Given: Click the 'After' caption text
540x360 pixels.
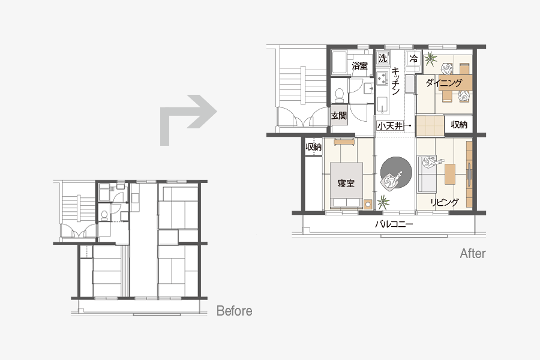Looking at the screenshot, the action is coord(473,254).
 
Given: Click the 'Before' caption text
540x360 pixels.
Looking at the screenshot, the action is coord(234,311).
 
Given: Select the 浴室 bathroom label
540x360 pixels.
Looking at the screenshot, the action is coord(359,65).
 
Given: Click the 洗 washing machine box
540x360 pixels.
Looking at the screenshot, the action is coord(382,58).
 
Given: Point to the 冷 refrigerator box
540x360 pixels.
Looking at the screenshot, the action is coord(413,58).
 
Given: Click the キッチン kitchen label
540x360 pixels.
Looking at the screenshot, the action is coord(395,81).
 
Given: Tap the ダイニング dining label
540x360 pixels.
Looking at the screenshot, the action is coord(444,83).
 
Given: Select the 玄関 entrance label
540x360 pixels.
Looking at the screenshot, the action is coord(339,115).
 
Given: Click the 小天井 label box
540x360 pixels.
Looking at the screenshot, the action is coord(390,126).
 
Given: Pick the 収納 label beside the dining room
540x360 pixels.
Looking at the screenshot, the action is coord(459,124).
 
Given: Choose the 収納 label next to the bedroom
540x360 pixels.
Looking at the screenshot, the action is coord(313,147).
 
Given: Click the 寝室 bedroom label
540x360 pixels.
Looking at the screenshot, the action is coord(346,183).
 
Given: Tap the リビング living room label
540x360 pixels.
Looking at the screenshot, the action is coord(444,202).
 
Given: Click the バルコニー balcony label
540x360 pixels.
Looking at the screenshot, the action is coord(394,224).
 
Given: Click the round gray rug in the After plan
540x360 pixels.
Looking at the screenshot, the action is coord(396,172).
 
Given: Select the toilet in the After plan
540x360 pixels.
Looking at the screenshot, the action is coord(340,95).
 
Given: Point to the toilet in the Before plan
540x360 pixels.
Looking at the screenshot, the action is coord(104,215).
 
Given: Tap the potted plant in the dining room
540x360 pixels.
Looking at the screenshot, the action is coord(430,59).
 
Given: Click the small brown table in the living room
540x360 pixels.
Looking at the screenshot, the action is coord(450,174).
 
